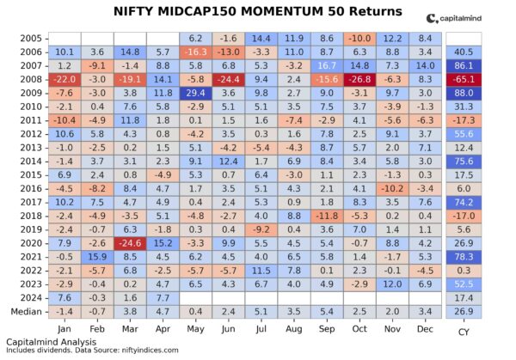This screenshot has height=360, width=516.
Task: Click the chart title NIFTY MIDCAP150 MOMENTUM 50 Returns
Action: [257, 12]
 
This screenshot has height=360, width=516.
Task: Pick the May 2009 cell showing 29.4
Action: [195, 92]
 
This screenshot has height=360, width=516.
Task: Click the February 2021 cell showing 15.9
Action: [96, 255]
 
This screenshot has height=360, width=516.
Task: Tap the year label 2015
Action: [31, 174]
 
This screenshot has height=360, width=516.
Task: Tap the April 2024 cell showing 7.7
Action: [163, 296]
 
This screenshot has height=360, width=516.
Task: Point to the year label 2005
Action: [31, 39]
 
